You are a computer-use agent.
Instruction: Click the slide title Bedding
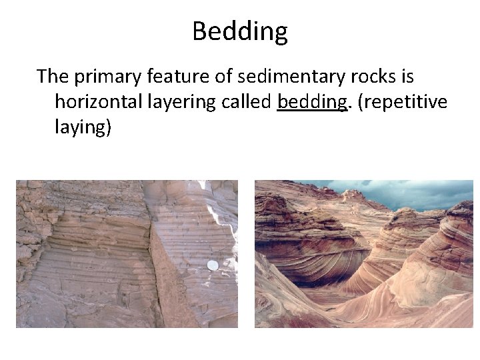pos(240,31)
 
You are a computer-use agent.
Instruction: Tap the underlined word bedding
pos(312,102)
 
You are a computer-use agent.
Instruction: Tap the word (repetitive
pos(403,102)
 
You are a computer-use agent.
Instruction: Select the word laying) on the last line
pos(83,127)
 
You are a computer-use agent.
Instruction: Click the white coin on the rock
pos(213,265)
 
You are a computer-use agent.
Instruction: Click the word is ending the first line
pos(407,77)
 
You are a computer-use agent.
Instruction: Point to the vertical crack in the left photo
pos(152,267)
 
